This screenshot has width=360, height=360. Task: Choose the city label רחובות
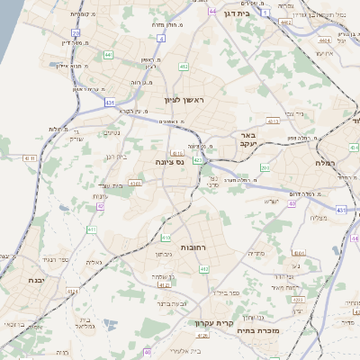point(194,246)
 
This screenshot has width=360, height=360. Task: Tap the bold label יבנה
point(24,280)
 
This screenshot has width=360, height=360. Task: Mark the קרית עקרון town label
point(212,322)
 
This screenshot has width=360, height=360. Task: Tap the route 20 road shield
point(76,33)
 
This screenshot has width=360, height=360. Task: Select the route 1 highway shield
point(266,13)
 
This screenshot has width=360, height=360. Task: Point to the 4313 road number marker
point(135,184)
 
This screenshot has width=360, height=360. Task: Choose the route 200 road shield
point(265,168)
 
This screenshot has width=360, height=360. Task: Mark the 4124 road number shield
point(163,284)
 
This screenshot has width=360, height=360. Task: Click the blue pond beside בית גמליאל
point(110,323)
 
